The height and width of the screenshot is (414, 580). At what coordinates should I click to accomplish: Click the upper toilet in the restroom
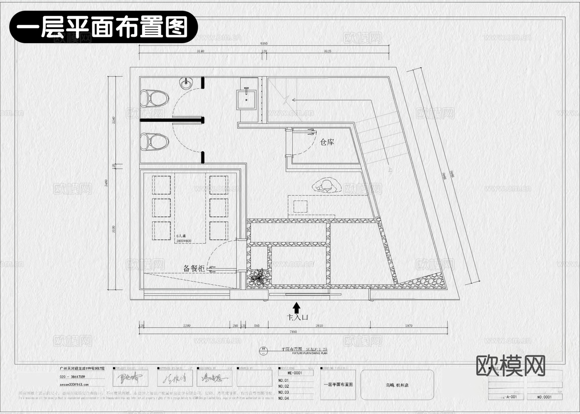pyautogui.click(x=154, y=98)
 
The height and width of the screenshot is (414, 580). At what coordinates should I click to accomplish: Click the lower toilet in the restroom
pyautogui.click(x=154, y=142)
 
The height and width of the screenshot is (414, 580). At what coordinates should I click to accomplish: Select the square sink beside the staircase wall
pyautogui.click(x=247, y=100)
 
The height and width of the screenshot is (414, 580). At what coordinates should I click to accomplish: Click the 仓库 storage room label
pyautogui.click(x=327, y=142)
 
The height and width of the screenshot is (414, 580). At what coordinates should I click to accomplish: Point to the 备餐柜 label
pyautogui.click(x=194, y=268)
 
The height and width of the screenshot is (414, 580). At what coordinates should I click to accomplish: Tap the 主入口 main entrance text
pyautogui.click(x=297, y=317)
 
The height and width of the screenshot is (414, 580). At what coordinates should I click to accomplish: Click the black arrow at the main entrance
pyautogui.click(x=296, y=307)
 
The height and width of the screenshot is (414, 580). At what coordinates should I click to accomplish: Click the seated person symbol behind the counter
pyautogui.click(x=326, y=186)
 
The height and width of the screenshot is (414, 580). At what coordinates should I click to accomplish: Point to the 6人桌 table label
pyautogui.click(x=181, y=236)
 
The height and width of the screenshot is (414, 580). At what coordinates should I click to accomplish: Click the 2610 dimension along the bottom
pyautogui.click(x=319, y=326)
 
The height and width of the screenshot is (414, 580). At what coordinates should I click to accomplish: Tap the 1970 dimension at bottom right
pyautogui.click(x=409, y=326)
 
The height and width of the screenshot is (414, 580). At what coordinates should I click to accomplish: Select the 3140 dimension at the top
pyautogui.click(x=200, y=51)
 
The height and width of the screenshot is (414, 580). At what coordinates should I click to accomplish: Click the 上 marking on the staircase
pyautogui.click(x=390, y=169)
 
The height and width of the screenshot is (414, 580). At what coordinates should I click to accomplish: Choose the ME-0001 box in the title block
pyautogui.click(x=295, y=373)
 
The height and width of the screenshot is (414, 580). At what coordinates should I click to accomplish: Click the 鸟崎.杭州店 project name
pyautogui.click(x=397, y=385)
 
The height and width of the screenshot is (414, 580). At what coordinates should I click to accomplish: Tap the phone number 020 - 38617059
pyautogui.click(x=72, y=377)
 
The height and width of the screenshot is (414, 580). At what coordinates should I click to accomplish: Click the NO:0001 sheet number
pyautogui.click(x=544, y=397)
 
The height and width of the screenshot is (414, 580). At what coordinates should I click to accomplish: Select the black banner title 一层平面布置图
pyautogui.click(x=103, y=27)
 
